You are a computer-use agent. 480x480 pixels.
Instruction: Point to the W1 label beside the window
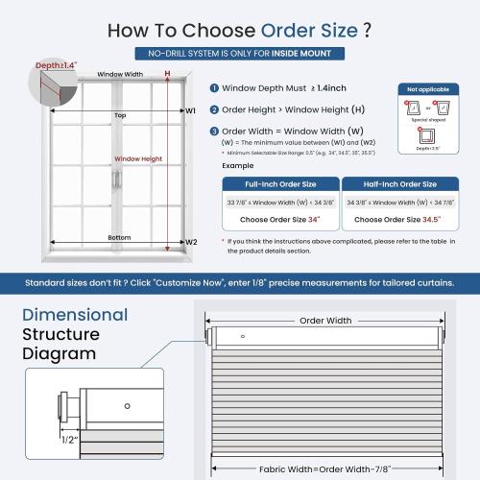[x=190, y=111]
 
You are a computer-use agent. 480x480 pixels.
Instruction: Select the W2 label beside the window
[x=190, y=242]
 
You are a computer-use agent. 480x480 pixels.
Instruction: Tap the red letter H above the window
[x=167, y=73]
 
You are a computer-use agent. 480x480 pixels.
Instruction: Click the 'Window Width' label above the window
[x=120, y=74]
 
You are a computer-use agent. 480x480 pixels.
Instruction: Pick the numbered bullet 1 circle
[x=212, y=87]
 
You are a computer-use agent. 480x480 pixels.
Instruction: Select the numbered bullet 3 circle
[x=212, y=131]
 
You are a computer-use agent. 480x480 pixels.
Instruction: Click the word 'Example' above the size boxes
[x=237, y=165]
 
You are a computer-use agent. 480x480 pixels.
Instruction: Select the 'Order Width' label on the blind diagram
[x=325, y=321]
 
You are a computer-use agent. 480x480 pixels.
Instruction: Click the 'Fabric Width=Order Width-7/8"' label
[x=324, y=469]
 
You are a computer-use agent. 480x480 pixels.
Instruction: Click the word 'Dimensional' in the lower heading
[x=75, y=315]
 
